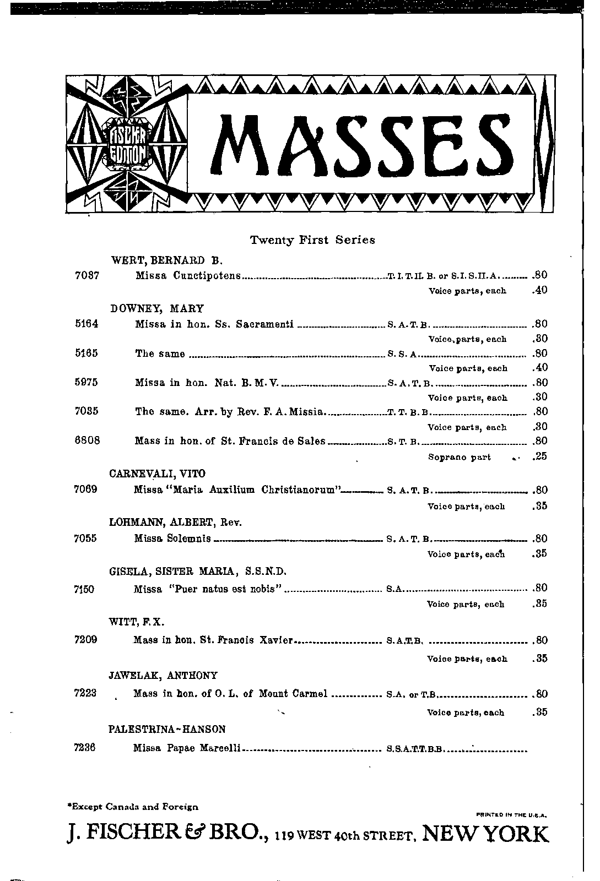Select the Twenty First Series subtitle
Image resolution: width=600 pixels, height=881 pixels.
coord(312,240)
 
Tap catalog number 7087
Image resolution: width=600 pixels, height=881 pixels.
coord(86,275)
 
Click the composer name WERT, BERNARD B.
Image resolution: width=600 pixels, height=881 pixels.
coord(166,260)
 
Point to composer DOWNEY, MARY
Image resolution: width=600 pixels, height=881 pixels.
coord(157,309)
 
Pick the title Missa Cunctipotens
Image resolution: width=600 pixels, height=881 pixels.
coord(188,275)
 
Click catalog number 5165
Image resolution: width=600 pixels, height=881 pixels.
coord(86,354)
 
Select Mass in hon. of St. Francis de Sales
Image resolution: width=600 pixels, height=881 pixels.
coord(230,441)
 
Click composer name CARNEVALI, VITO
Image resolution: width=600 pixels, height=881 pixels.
coord(158,474)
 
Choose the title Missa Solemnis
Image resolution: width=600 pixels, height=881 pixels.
coord(172,539)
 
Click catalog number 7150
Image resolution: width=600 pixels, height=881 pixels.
coord(84,589)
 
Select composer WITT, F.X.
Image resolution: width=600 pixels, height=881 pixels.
coord(137,622)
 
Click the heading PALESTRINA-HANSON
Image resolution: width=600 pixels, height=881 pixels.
coord(167,730)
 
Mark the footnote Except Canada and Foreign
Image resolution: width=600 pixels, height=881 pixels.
coord(132,807)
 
